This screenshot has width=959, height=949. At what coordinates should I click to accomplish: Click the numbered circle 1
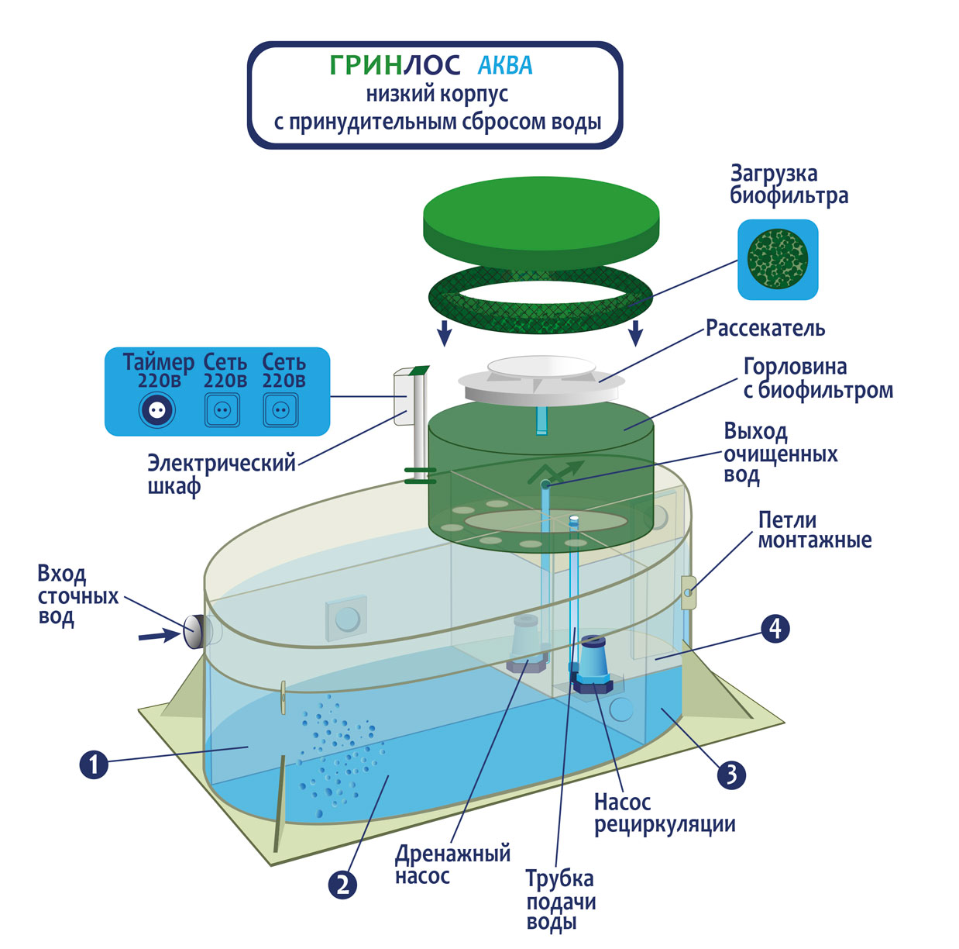[x=94, y=765]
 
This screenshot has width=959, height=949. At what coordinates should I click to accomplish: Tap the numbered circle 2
[x=342, y=884]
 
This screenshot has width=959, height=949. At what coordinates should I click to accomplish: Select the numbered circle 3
[x=731, y=774]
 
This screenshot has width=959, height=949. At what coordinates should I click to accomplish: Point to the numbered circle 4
[x=775, y=628]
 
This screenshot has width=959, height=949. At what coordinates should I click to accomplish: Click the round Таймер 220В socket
[x=157, y=410]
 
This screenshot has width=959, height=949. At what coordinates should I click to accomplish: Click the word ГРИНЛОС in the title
[x=395, y=66]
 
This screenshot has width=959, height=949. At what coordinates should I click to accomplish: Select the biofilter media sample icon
[x=777, y=259]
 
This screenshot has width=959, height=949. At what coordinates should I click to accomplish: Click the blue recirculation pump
[x=593, y=664]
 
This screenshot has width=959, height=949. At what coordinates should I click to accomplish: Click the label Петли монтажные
[x=814, y=530]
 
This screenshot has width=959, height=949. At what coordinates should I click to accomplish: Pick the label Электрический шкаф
[x=222, y=474]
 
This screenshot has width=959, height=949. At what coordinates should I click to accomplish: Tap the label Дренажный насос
[x=452, y=864]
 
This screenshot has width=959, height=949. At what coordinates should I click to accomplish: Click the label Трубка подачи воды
[x=561, y=900]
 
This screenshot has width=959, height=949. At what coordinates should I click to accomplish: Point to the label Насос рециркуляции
[x=664, y=813]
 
